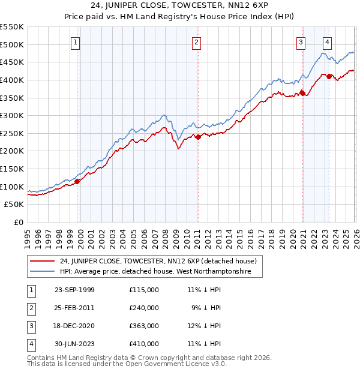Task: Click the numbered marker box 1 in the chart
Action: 76,42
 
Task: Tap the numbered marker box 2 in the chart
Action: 197,42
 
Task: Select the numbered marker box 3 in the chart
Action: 301,42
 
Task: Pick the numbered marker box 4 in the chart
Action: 327,42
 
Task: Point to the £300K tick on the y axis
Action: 12,115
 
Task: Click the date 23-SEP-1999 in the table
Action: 74,290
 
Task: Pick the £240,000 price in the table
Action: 144,308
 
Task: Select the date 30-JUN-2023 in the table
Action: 74,344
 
